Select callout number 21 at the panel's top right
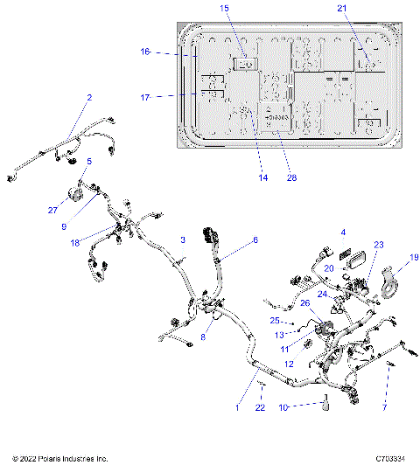click(342, 8)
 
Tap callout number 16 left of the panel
click(146, 52)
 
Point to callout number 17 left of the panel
click(146, 96)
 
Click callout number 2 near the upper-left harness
click(89, 98)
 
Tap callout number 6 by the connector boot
click(255, 239)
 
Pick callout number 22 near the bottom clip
click(259, 408)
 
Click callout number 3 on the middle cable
click(183, 239)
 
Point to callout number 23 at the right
click(379, 246)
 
